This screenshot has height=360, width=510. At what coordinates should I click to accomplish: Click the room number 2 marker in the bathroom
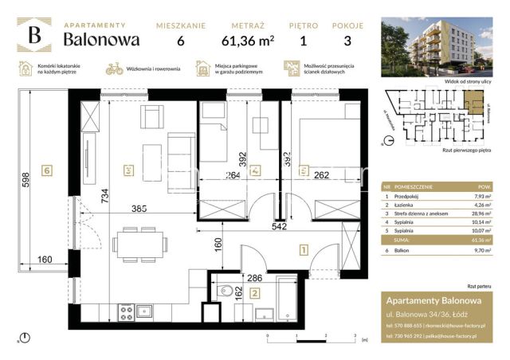click(253, 293)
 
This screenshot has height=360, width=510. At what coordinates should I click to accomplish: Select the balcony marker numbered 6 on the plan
click(48, 170)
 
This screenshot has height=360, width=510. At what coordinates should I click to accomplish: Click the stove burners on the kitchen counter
click(125, 311)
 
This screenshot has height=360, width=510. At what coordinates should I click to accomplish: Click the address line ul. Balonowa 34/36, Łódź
click(431, 313)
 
